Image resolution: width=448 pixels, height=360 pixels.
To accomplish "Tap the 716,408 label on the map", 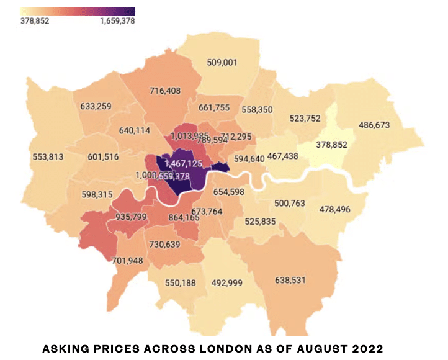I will tap(166, 91).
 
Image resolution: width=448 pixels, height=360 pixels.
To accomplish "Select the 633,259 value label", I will tap(96, 106).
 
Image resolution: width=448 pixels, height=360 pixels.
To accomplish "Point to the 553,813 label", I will tap(48, 157).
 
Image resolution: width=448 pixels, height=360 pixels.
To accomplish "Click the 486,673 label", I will tap(374, 125).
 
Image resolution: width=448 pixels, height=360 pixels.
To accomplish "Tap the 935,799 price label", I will tap(131, 217).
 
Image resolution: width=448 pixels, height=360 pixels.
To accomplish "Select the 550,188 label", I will tap(181, 283).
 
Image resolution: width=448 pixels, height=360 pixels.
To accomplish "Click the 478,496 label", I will tap(335, 210).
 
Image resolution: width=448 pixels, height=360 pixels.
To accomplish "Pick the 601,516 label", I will tap(103, 156).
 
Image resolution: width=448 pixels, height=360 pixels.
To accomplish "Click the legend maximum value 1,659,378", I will tap(117, 20).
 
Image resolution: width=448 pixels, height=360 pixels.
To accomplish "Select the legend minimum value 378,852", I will tap(35, 20).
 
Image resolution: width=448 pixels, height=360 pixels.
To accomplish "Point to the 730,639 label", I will tap(164, 245).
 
